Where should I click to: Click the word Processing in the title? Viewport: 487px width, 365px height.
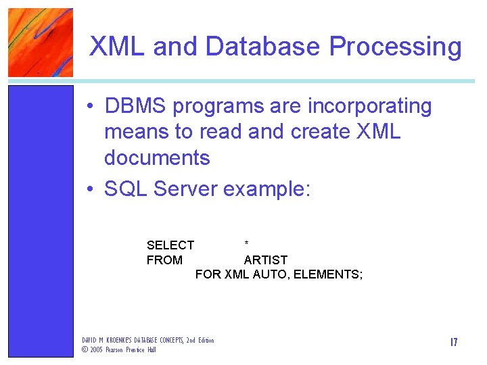pyautogui.click(x=395, y=47)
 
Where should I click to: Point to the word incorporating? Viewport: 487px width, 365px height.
pyautogui.click(x=369, y=107)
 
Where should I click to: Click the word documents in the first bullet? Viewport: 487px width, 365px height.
pyautogui.click(x=157, y=158)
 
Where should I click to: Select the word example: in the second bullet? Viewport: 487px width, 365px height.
pyautogui.click(x=266, y=190)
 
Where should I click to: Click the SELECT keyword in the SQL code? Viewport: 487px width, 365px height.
pyautogui.click(x=170, y=245)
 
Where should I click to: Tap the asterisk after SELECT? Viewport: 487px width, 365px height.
pyautogui.click(x=247, y=243)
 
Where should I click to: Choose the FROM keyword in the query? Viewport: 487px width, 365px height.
pyautogui.click(x=164, y=260)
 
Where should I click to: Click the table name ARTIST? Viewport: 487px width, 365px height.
pyautogui.click(x=266, y=260)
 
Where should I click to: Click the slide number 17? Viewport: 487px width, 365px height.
pyautogui.click(x=453, y=343)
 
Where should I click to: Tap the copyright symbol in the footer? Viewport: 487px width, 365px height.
pyautogui.click(x=85, y=349)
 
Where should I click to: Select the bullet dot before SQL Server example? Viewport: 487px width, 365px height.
pyautogui.click(x=89, y=190)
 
